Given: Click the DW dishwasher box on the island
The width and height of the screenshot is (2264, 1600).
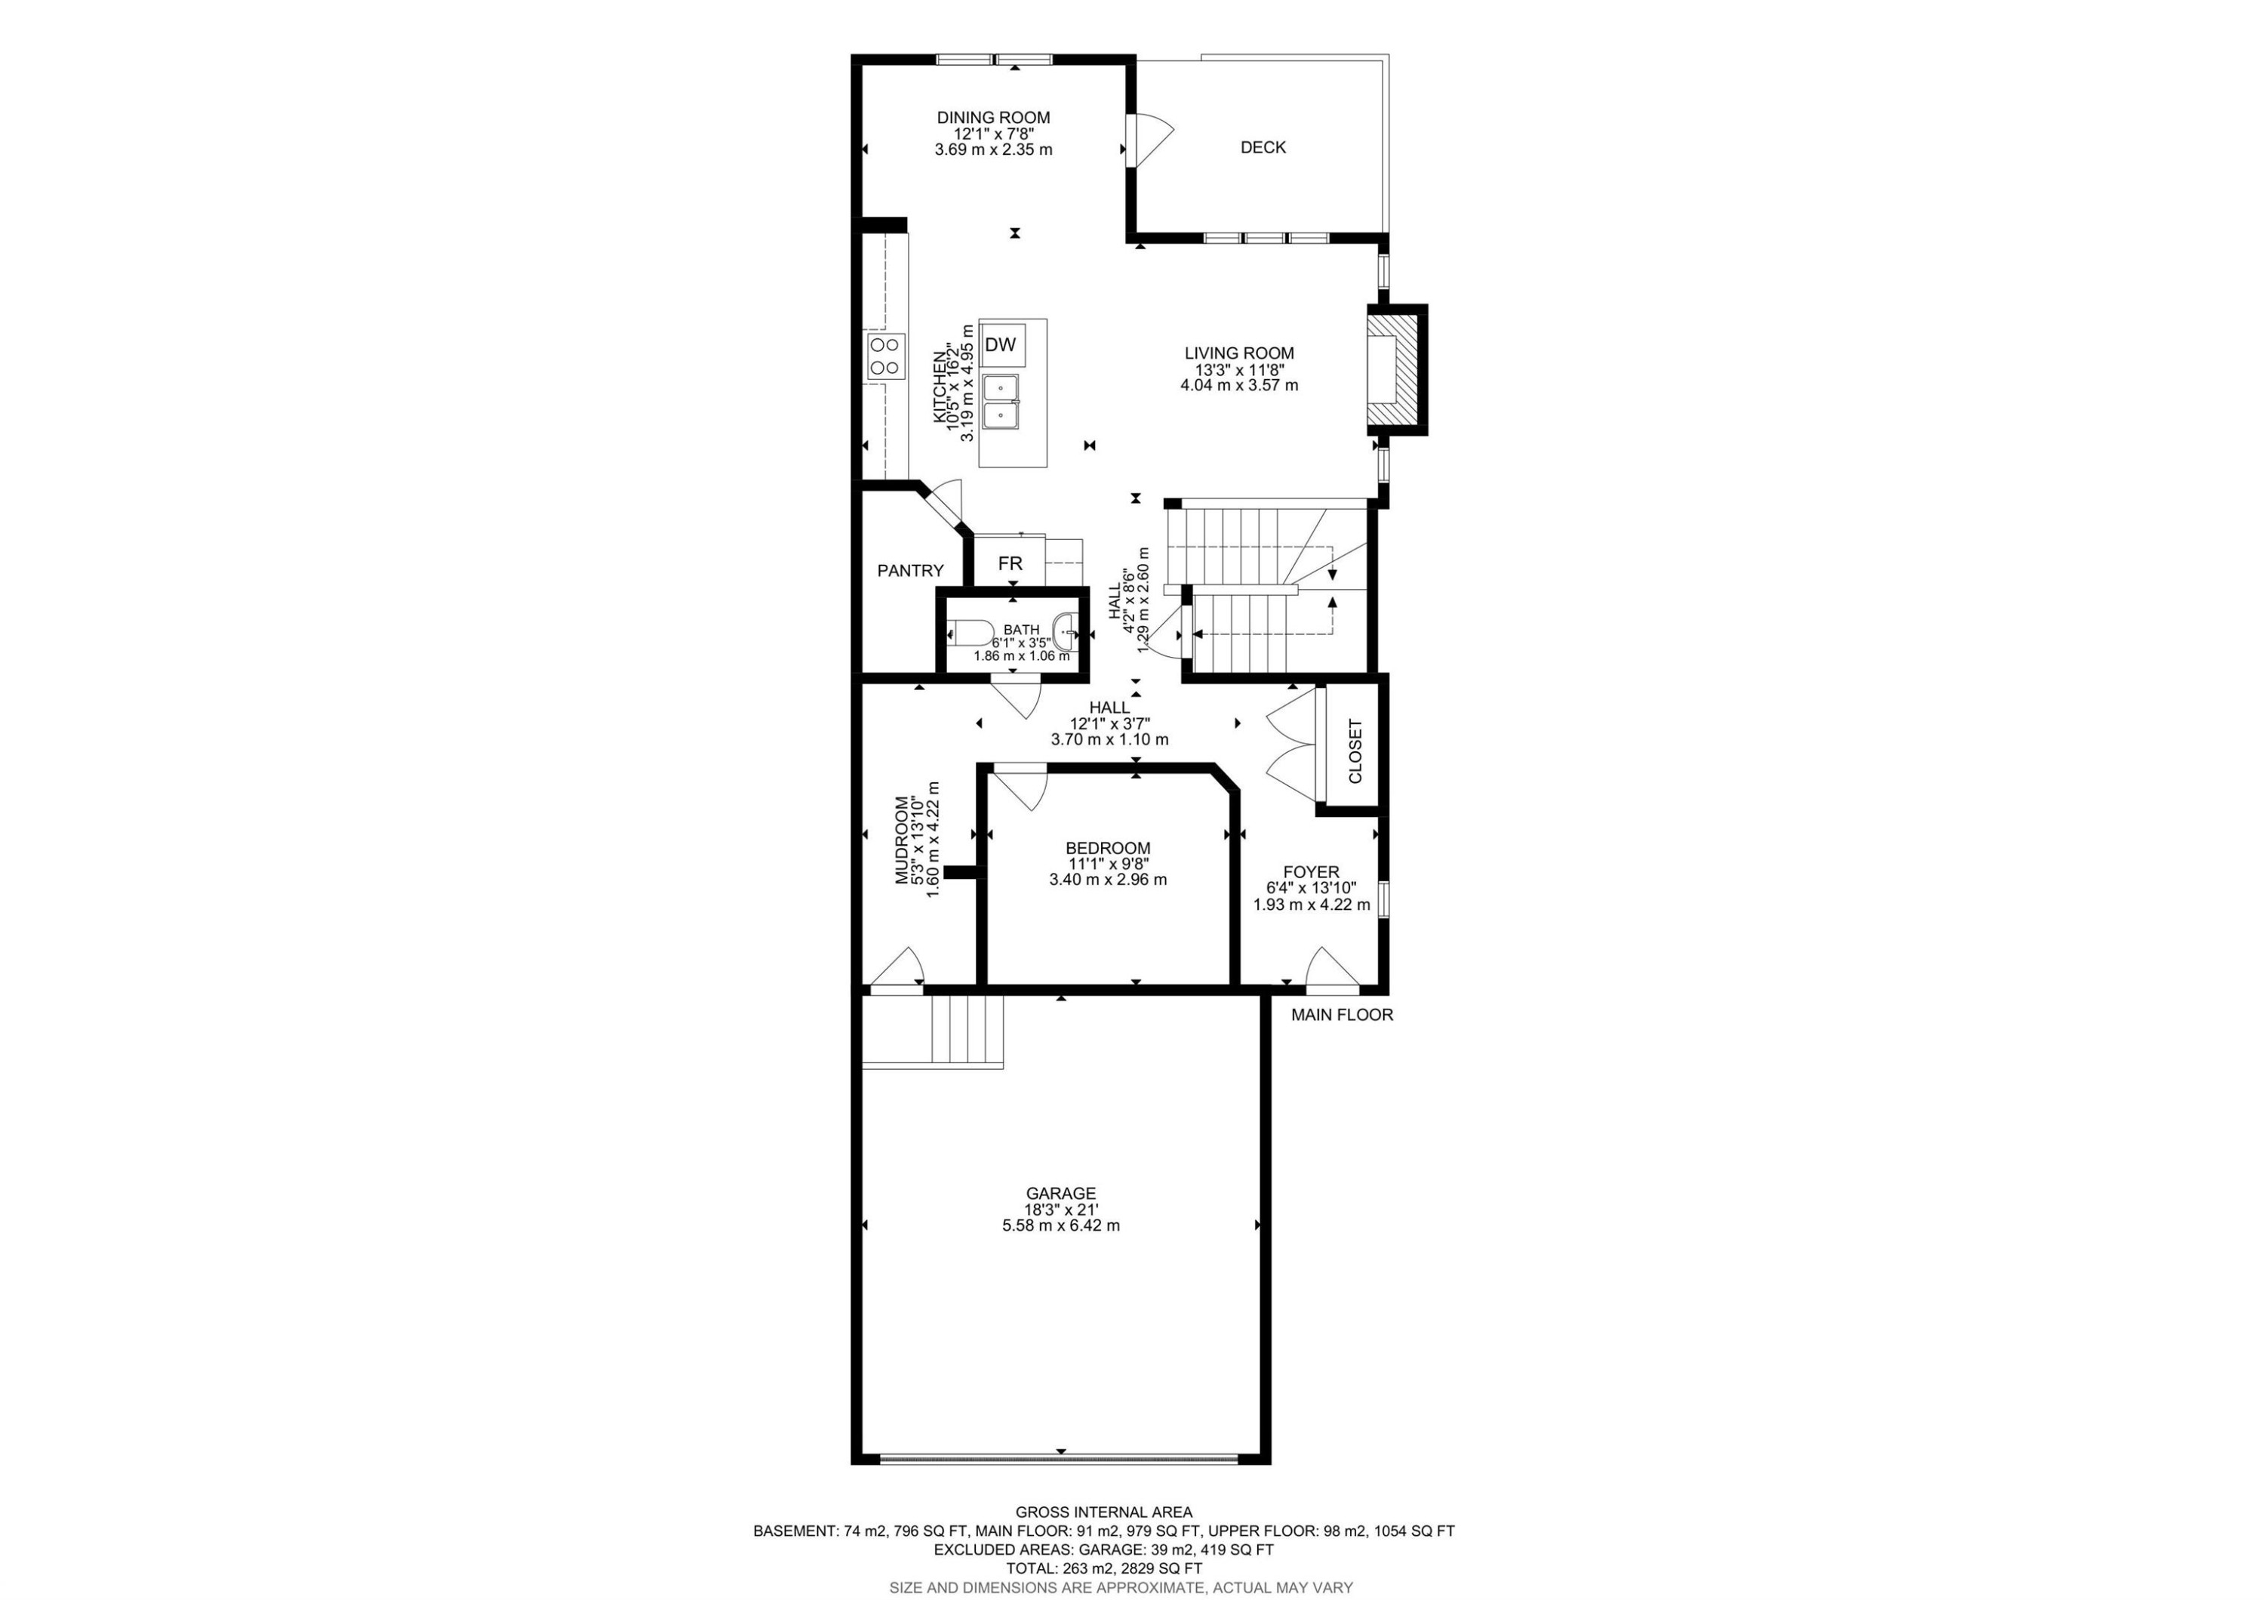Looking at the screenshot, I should click(x=1001, y=345).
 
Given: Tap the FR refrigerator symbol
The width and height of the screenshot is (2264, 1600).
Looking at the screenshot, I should click(x=1010, y=564).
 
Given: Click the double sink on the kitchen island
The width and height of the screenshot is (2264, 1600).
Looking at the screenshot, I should click(x=1001, y=402).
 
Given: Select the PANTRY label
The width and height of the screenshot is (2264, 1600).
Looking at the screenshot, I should click(x=910, y=571).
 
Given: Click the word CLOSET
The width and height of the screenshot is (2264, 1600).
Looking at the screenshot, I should click(x=1355, y=751).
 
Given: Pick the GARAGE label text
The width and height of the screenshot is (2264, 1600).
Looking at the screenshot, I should click(x=1060, y=1194).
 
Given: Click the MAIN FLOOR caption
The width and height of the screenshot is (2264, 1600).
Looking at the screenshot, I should click(x=1342, y=1015).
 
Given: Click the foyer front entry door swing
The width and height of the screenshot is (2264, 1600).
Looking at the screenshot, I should click(x=1332, y=968).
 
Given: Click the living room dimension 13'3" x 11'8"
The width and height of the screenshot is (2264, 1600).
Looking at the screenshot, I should click(x=1238, y=370).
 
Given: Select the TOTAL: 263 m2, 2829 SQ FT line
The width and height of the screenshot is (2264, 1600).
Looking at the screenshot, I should click(x=1103, y=1568).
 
